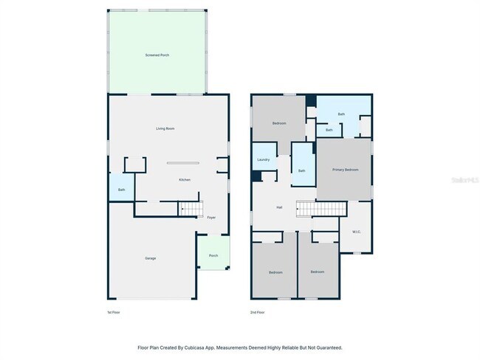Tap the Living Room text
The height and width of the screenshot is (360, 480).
[165, 128]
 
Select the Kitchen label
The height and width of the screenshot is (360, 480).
[185, 180]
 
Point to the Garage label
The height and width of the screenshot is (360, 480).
[150, 257]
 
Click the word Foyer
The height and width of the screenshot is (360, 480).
[211, 218]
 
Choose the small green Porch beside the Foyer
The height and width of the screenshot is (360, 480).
[213, 255]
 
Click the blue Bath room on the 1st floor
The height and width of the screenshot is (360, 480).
[121, 190]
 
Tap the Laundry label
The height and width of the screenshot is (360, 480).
[263, 159]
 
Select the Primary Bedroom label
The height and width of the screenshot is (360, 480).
[345, 170]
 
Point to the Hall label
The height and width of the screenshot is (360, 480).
[279, 207]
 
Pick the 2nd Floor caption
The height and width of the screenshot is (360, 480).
[257, 312]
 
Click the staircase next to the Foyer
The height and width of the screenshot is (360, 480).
[191, 210]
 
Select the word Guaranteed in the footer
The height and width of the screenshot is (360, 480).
[327, 347]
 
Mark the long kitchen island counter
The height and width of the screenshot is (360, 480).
[182, 163]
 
